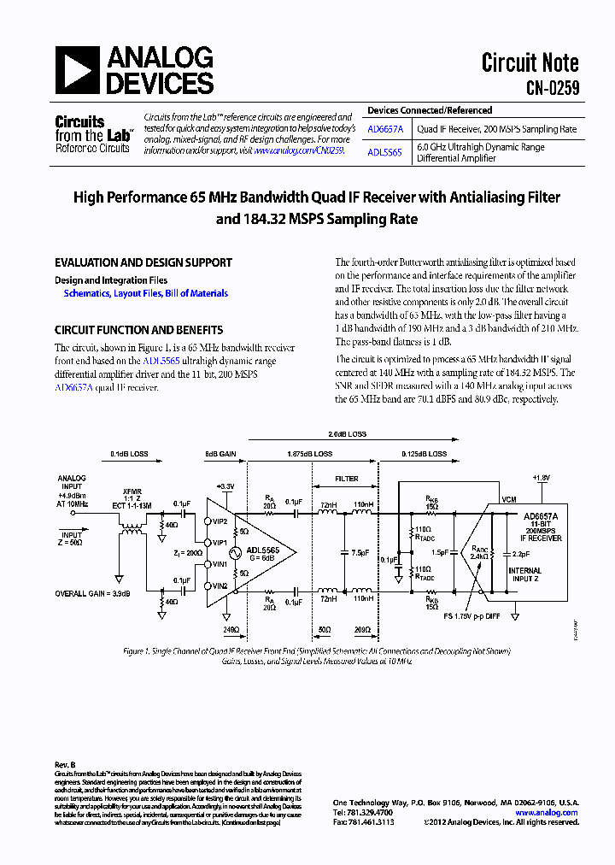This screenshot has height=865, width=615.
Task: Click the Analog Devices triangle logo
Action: pos(78,70)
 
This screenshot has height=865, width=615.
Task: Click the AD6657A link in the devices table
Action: pos(387,130)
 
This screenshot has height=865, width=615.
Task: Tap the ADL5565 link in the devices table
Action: pos(384,152)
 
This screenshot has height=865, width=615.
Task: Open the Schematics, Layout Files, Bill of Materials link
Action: pos(146,293)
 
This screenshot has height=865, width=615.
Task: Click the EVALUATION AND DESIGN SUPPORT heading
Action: pos(143,263)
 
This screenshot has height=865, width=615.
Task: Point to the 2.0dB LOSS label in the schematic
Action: pos(347,434)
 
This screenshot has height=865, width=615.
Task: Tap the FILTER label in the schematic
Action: pos(346,479)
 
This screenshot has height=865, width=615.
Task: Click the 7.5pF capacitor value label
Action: pos(360,553)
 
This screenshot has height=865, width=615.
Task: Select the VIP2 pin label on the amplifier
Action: pos(220,521)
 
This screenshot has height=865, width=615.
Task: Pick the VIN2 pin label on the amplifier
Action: pos(220,585)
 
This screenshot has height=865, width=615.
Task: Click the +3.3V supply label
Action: pos(225,486)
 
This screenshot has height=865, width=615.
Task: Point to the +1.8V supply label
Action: pos(542,478)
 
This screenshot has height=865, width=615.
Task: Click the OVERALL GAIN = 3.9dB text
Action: pos(93,593)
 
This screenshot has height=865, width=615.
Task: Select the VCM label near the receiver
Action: pos(509,499)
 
